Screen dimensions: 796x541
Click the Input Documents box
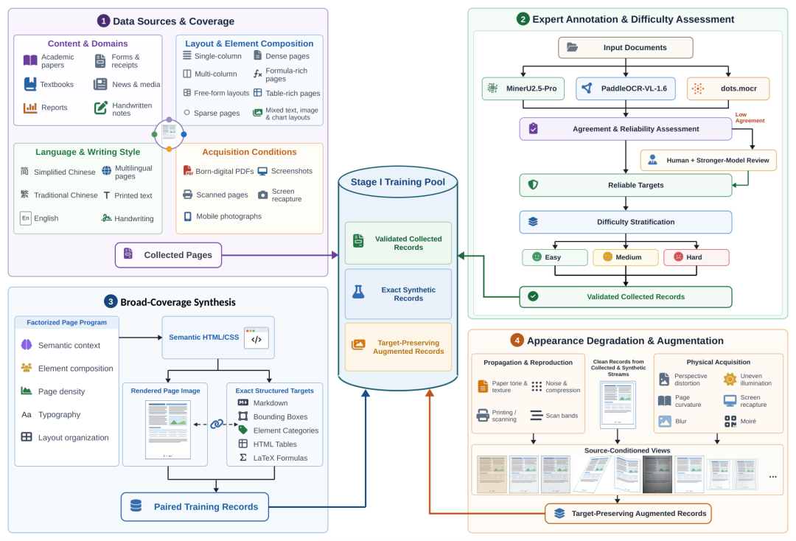coord(626,48)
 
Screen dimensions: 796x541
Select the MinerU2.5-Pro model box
coord(523,88)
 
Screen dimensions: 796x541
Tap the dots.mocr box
coord(728,88)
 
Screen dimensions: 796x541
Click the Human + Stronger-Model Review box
coord(708,161)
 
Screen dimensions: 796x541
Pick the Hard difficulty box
coord(696,257)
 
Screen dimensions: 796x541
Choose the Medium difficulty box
coord(626,257)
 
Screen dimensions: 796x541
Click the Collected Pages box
coord(169,255)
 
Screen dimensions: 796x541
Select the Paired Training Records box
coord(195,506)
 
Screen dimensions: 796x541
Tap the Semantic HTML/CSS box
coord(218,338)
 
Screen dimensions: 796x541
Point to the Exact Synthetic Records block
coord(398,294)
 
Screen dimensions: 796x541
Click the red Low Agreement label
coord(750,118)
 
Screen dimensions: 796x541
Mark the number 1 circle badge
coord(104,21)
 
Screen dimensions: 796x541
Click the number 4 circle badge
coord(517,341)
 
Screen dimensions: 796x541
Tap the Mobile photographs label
coord(229,216)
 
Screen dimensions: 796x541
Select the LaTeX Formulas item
coord(280,458)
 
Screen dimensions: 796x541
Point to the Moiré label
coord(748,422)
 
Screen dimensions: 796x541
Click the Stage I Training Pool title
coord(398,182)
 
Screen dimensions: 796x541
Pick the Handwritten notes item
coord(132,109)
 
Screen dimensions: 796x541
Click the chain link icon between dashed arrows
coord(217,424)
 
